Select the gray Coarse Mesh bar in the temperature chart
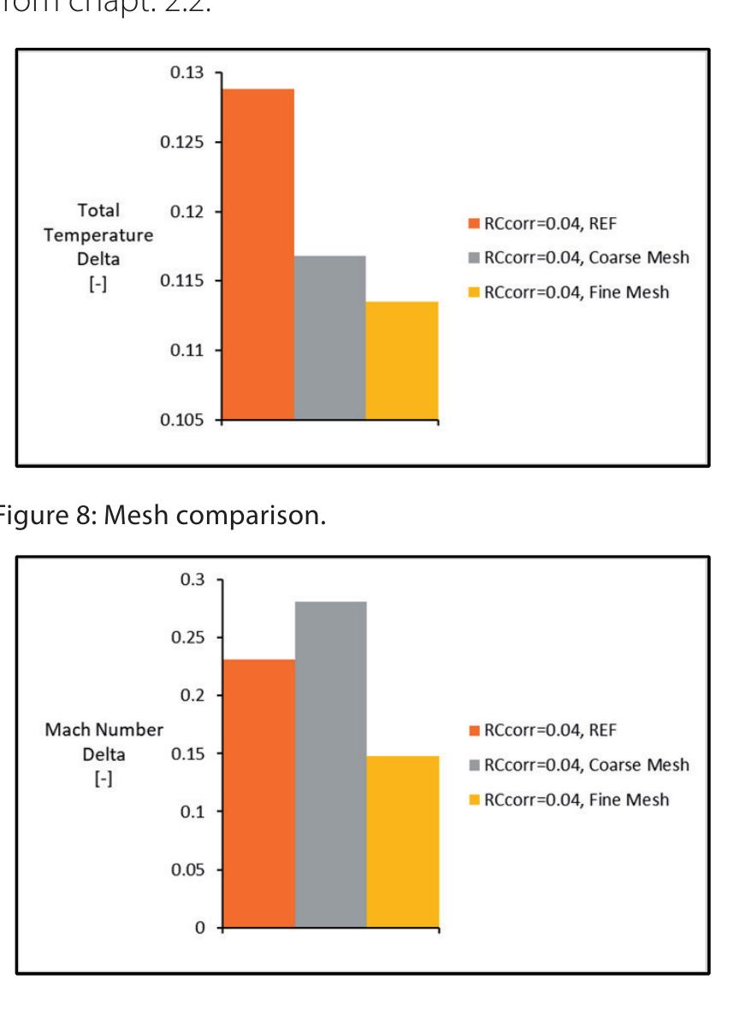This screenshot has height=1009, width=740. [330, 338]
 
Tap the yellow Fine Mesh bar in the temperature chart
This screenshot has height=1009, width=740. [402, 360]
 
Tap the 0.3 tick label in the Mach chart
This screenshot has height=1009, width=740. [197, 580]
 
